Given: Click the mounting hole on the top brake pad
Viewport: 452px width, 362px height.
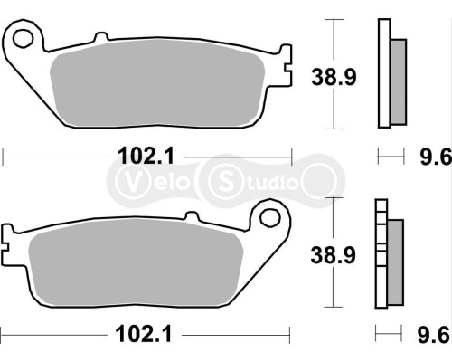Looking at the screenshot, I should point(25,39).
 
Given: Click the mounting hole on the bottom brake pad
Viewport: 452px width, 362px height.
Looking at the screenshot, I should point(268,218).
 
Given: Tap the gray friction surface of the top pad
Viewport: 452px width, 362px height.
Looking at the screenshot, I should point(158,89).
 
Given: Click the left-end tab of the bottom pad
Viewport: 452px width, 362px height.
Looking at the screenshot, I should point(8,243).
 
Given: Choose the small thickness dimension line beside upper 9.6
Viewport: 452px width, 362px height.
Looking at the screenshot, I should point(391,157).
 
